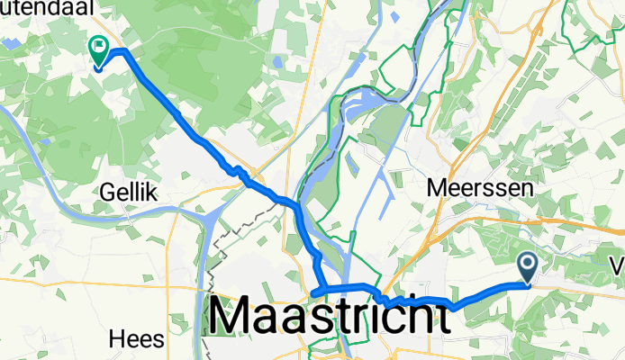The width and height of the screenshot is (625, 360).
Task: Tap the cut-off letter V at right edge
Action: (x=619, y=267)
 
